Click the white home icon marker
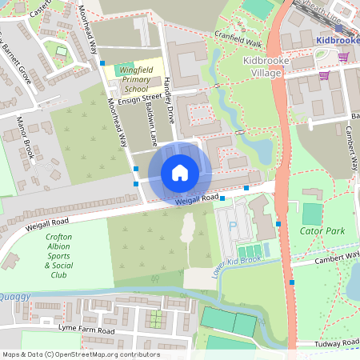[x=180, y=173]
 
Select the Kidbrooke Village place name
[x=261, y=66]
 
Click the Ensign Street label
[x=118, y=98]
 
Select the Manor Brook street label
[x=25, y=137]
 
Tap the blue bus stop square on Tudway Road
[x=292, y=282]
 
